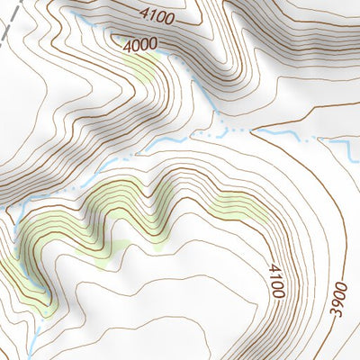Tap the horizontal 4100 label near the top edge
pyautogui.click(x=158, y=14)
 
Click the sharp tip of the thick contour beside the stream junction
pyautogui.click(x=253, y=131)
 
